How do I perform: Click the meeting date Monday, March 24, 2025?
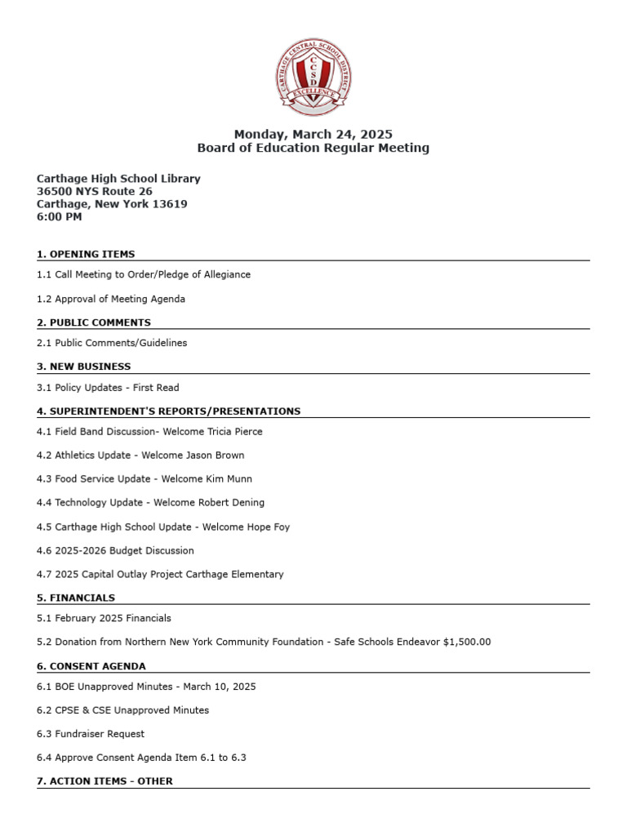coord(313,134)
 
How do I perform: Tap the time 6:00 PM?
coord(59,217)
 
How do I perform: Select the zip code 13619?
coord(170,204)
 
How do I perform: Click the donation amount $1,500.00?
coord(465,643)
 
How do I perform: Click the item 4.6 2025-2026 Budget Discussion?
coord(115,551)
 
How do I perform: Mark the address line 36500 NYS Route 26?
coord(94,191)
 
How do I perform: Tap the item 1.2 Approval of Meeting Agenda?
coord(111,299)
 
